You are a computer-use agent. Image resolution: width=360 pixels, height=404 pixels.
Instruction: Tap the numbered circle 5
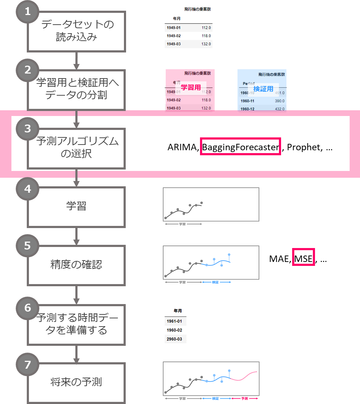27,246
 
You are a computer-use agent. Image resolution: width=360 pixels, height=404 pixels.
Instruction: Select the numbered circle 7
27,365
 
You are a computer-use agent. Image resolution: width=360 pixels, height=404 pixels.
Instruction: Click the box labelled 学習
76,207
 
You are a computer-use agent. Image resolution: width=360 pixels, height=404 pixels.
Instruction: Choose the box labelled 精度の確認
76,265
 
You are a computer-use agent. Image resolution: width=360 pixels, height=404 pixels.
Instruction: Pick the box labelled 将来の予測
76,383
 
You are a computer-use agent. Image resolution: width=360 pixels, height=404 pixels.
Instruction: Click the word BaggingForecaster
240,147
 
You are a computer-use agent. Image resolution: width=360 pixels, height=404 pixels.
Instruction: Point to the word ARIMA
182,147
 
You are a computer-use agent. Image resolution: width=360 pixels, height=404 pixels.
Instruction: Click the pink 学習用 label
191,87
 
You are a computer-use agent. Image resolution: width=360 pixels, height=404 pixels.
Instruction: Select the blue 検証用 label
263,89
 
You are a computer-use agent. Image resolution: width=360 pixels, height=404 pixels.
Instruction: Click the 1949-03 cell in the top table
174,44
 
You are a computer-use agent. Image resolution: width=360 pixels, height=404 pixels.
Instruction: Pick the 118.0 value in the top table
206,36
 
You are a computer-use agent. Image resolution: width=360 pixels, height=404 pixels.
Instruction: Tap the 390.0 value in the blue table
279,101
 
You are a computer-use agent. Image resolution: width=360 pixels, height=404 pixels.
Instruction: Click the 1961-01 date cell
174,321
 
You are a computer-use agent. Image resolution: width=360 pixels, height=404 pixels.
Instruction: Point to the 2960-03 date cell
174,339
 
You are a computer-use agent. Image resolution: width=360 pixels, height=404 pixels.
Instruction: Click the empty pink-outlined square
304,257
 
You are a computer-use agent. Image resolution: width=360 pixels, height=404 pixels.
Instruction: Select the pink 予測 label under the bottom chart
245,399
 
